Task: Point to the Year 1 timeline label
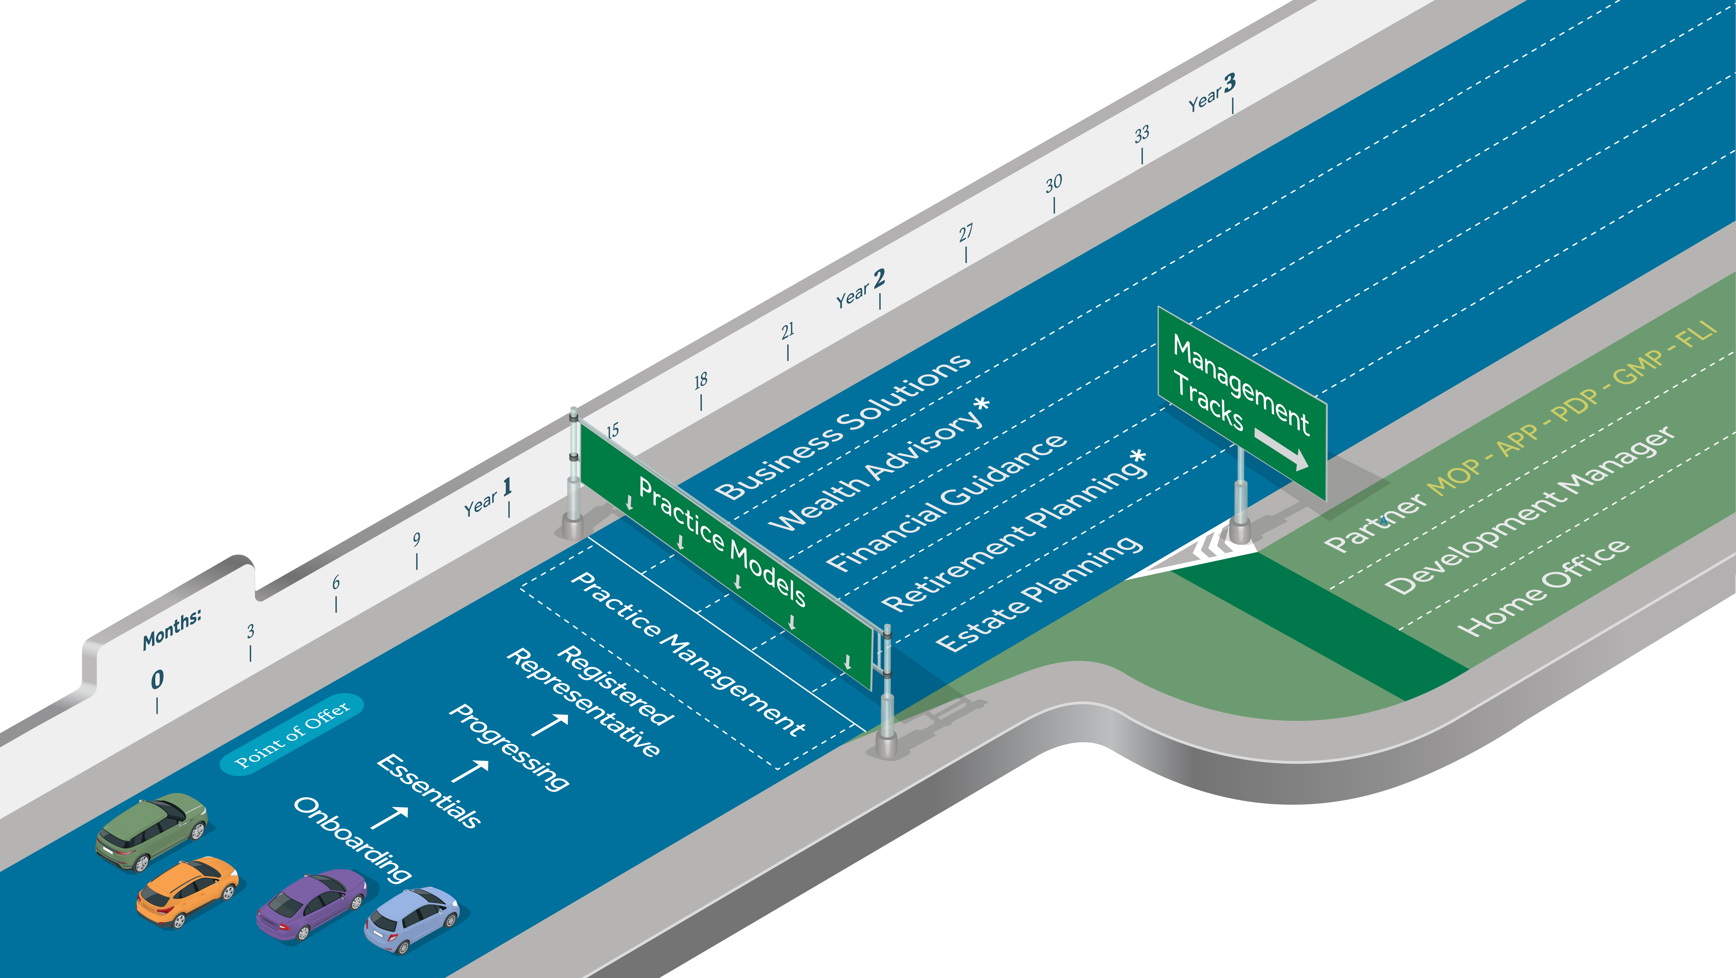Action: pyautogui.click(x=488, y=497)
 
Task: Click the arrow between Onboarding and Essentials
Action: pyautogui.click(x=390, y=817)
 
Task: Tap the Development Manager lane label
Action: pyautogui.click(x=1529, y=510)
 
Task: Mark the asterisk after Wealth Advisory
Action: pyautogui.click(x=982, y=404)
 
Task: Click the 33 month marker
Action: pyautogui.click(x=1142, y=135)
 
